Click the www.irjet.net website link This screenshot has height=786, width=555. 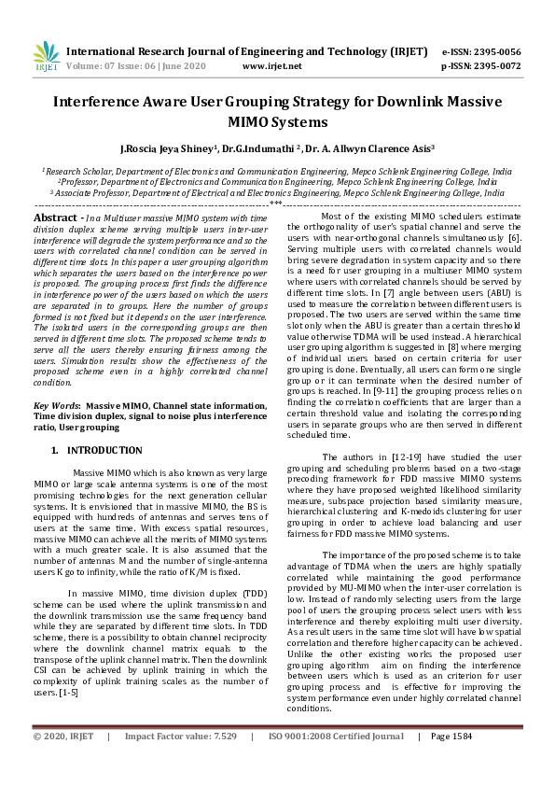271,67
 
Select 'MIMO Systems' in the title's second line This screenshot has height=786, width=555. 277,121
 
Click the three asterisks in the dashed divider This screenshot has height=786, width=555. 276,203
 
